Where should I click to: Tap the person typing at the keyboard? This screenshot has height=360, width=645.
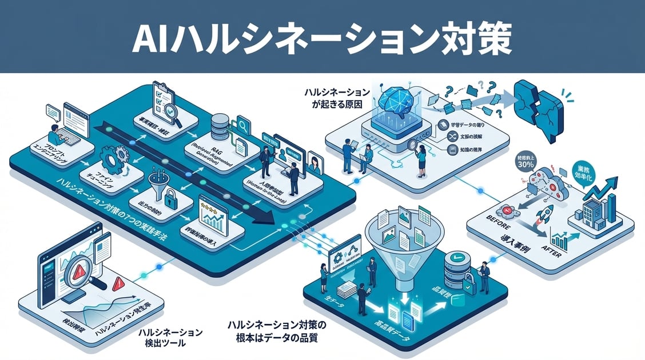(x=54, y=134)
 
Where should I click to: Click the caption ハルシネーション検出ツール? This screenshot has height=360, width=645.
(x=170, y=338)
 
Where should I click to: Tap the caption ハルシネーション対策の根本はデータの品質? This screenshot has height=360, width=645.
(x=276, y=331)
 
